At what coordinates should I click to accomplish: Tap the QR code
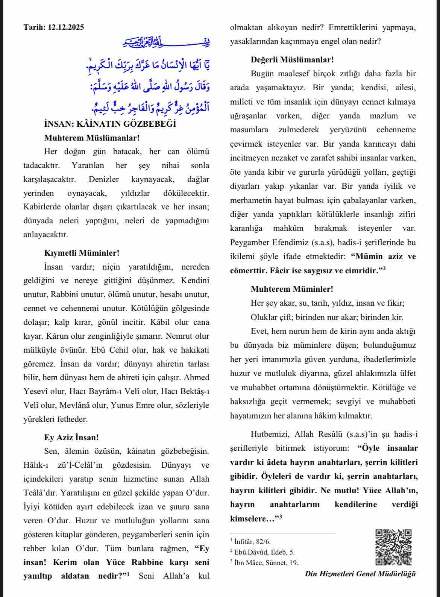[393, 547]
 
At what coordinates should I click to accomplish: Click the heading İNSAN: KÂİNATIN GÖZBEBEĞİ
[110, 124]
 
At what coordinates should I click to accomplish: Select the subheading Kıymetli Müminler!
[82, 253]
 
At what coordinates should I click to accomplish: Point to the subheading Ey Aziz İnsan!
[71, 437]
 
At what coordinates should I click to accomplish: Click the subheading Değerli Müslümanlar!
[292, 59]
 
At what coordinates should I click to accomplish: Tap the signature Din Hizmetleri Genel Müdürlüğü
[360, 574]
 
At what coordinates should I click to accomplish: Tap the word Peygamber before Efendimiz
[248, 242]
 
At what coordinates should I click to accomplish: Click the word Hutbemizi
[270, 434]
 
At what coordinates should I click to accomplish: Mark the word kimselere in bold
[248, 519]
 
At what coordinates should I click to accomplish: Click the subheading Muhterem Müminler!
[292, 289]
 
